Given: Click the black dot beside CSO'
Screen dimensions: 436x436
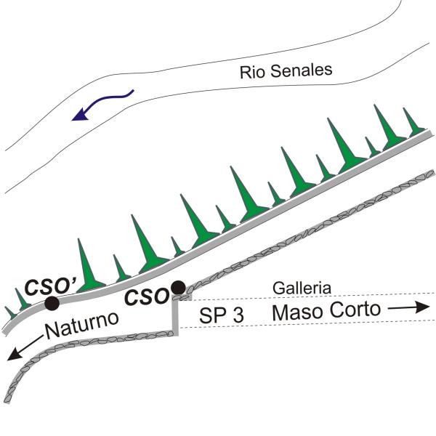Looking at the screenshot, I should point(52,302).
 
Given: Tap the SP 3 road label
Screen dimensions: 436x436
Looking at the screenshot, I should point(222,315).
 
